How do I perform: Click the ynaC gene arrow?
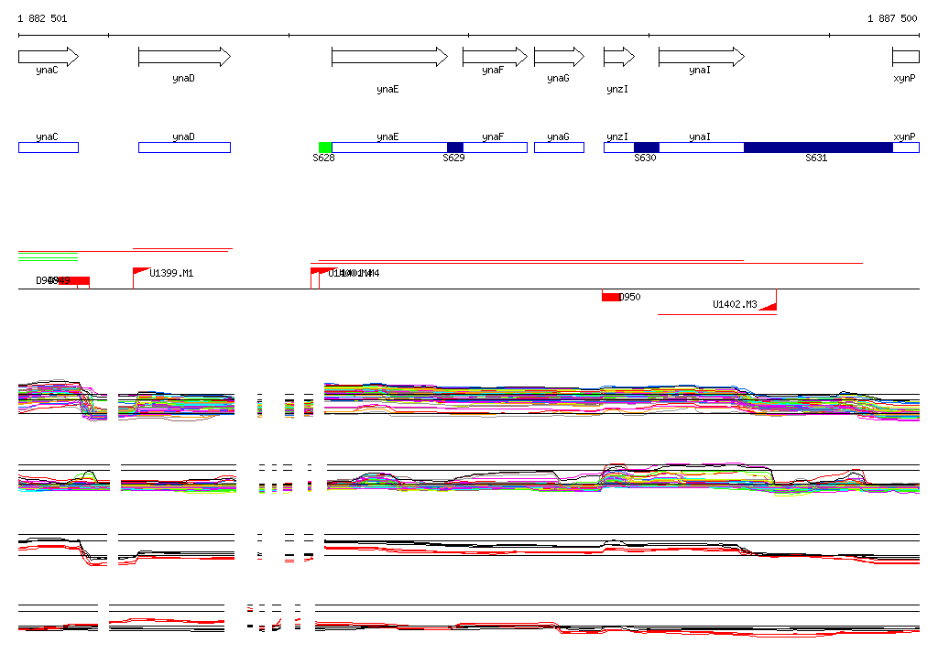[x=48, y=57]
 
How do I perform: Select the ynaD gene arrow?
[x=183, y=57]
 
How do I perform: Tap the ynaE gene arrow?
[x=388, y=57]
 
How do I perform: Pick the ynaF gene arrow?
[x=495, y=57]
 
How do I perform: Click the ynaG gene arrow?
[x=558, y=57]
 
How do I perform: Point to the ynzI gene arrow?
[x=618, y=57]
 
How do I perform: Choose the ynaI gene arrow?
[x=700, y=57]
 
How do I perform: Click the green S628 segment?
[x=325, y=147]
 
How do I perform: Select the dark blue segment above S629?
[x=454, y=147]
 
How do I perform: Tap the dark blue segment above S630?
[x=646, y=147]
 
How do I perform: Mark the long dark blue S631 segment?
[x=817, y=147]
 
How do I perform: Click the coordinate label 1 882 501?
[x=42, y=18]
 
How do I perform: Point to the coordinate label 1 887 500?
[x=892, y=18]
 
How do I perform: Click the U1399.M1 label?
[x=171, y=273]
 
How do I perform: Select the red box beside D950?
[x=610, y=297]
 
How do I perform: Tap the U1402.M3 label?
[x=735, y=304]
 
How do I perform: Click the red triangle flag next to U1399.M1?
[x=140, y=271]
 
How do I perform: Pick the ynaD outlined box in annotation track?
[x=183, y=147]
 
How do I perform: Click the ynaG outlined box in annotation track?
[x=558, y=147]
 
